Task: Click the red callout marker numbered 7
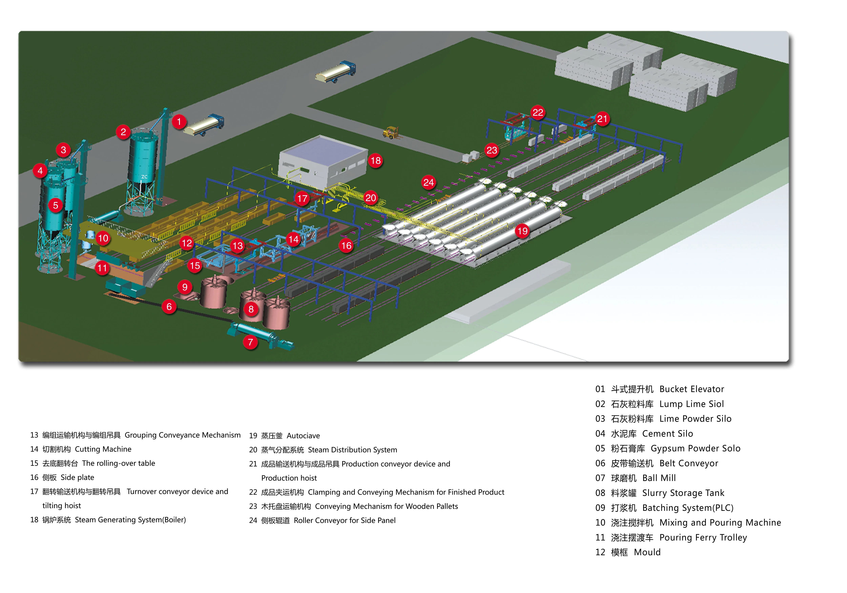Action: pos(251,342)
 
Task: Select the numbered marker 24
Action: pos(428,182)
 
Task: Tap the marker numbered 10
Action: pos(103,238)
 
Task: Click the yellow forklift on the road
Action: pos(391,132)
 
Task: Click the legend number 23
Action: pos(253,506)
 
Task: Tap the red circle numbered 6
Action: pos(169,306)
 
